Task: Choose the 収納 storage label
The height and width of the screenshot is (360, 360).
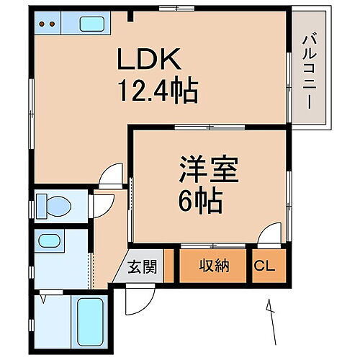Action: [x=214, y=266]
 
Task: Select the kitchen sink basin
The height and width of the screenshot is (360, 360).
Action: [x=93, y=24]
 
